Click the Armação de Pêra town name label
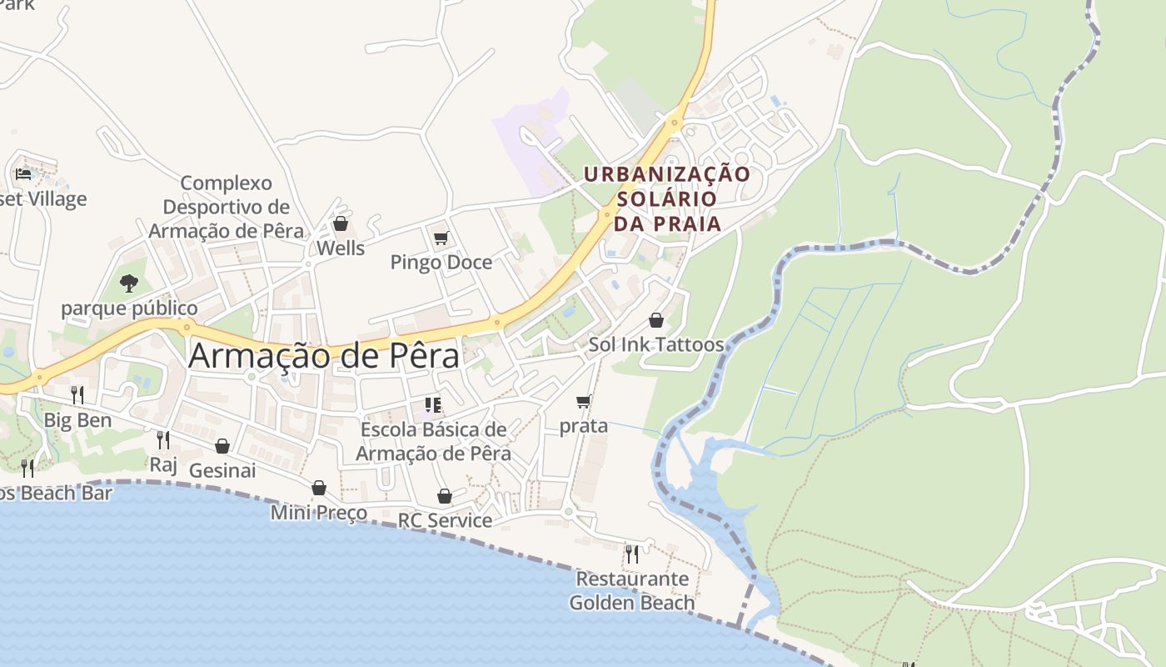324,356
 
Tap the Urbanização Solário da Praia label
667,198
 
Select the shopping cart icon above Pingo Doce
441,238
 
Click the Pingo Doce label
441,263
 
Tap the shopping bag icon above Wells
340,223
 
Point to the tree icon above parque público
128,283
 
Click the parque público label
129,308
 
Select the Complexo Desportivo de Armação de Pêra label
227,207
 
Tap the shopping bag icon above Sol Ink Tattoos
656,320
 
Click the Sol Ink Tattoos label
656,344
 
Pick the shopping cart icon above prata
584,402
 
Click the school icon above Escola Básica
432,405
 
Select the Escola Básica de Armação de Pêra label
433,441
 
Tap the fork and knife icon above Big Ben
77,395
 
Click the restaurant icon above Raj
163,439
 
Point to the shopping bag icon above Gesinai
222,446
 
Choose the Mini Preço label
319,512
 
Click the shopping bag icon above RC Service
445,496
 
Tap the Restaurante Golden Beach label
632,590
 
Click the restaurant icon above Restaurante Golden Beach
632,554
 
